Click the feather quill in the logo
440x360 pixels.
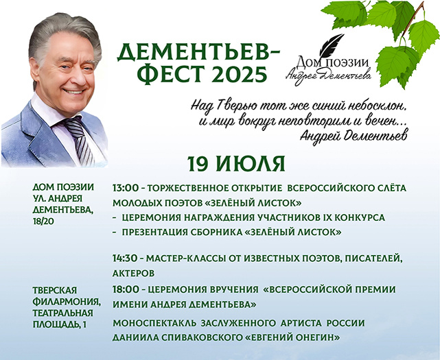tap(336, 45)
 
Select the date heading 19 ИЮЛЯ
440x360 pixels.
tap(235, 164)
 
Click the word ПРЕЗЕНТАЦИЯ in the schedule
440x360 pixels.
tap(157, 232)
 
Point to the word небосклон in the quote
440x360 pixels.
tap(379, 106)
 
